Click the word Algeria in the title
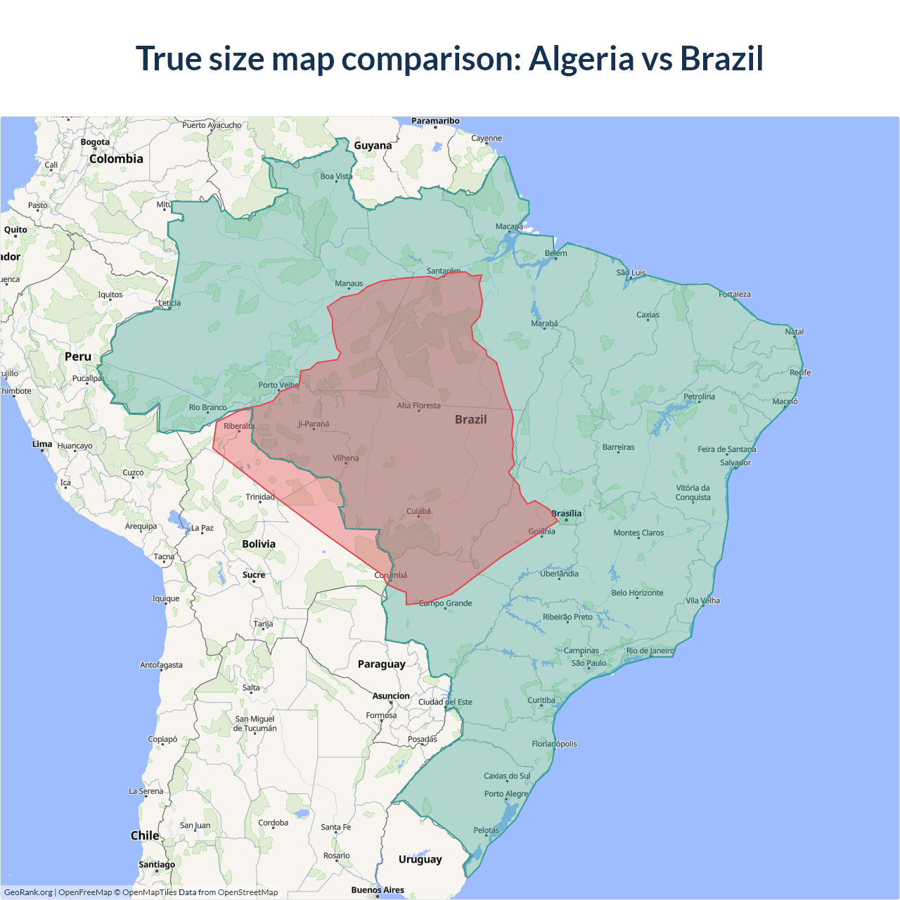[581, 58]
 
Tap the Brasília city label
[567, 513]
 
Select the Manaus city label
[349, 283]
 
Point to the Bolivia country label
[259, 544]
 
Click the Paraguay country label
[381, 664]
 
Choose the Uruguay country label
[420, 859]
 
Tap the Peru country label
[78, 356]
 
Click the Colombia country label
[116, 159]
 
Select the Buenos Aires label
[378, 889]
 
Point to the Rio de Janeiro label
[650, 650]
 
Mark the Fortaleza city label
[735, 294]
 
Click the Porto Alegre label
[506, 794]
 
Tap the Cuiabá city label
[418, 511]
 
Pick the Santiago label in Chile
[157, 864]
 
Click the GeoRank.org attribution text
[28, 892]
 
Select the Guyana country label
[373, 146]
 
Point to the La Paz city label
[202, 527]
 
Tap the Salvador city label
[735, 463]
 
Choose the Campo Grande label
[446, 603]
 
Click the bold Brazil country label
[470, 419]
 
